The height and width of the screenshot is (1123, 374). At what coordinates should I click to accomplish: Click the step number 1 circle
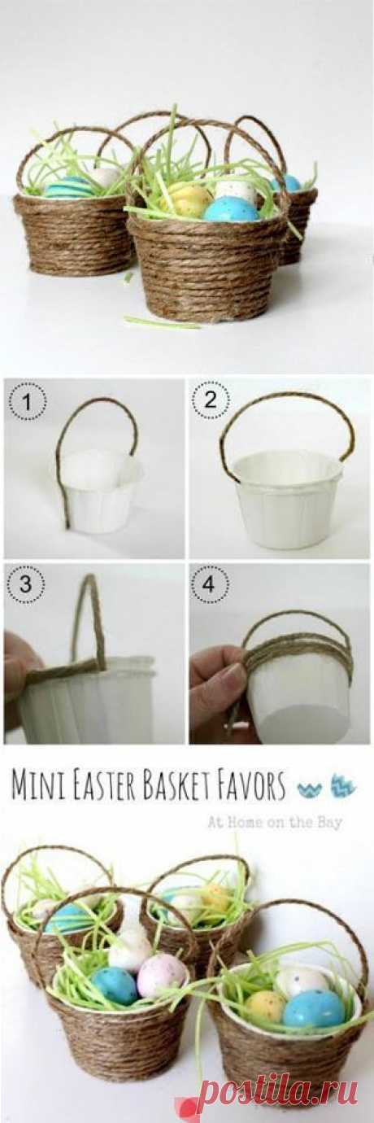[28, 401]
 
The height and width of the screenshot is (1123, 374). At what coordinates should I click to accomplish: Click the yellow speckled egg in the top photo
[189, 198]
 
